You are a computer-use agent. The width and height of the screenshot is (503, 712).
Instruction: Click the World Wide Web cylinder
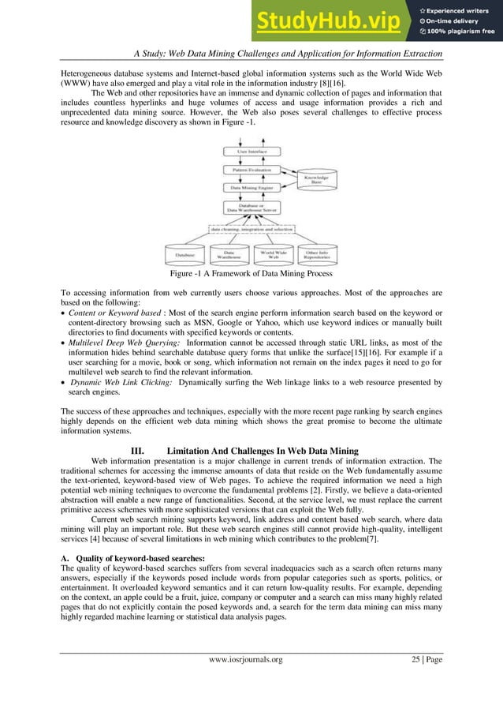click(x=273, y=254)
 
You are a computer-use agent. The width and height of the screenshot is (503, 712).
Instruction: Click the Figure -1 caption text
click(x=251, y=274)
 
